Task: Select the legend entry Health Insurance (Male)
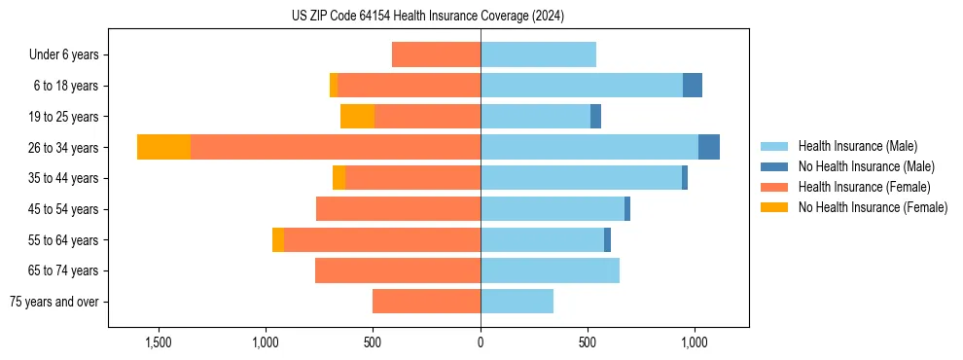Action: [856, 146]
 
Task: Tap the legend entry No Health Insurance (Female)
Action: [873, 207]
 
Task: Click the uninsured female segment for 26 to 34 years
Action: [163, 147]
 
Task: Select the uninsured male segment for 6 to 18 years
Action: [692, 86]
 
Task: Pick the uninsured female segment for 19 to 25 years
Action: [357, 117]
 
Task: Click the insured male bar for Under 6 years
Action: [538, 54]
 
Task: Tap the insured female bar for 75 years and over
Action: [426, 302]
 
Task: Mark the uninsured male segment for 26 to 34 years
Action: [709, 147]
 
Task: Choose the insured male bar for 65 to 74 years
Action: [550, 270]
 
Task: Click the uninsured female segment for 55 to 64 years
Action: [278, 240]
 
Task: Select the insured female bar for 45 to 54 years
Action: [398, 209]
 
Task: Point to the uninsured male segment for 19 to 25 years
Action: [595, 117]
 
